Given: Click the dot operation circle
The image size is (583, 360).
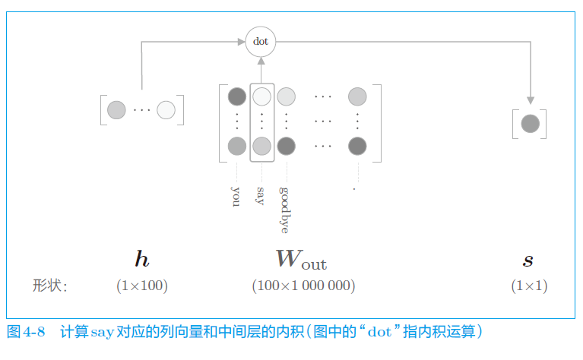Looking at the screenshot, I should (261, 42).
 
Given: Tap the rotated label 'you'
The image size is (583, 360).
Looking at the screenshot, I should (236, 195).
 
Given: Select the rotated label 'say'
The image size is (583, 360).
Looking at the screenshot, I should (261, 195).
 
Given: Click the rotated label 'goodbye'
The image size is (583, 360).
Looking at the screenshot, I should (285, 209).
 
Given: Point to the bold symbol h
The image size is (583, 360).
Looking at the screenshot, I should (142, 261).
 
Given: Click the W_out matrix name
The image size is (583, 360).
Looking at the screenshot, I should (302, 260).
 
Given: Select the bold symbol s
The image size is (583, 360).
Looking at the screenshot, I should (528, 261).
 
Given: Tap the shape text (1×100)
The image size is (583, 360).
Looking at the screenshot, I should (142, 286).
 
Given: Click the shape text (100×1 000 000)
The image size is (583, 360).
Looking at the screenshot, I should (303, 286).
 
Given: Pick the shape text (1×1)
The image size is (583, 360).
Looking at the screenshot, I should (529, 286).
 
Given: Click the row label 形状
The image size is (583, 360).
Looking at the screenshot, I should (49, 286).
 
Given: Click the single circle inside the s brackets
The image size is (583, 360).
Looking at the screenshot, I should (530, 123).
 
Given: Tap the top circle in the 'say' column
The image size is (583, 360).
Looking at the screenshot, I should (261, 96).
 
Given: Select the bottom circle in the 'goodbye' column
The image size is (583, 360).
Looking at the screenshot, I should (286, 146).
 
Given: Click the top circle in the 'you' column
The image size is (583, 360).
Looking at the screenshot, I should (237, 96).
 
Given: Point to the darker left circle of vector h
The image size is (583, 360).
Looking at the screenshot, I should (116, 110).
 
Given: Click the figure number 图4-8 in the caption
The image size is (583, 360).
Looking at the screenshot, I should (27, 332).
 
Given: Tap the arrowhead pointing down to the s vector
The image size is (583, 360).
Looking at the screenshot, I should (530, 99).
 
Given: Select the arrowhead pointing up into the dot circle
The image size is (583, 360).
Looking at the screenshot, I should (261, 63).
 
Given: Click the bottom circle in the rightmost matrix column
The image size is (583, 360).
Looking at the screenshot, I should (357, 146).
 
